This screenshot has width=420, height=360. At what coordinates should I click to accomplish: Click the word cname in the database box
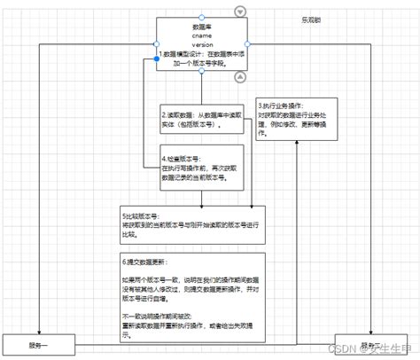point(201,35)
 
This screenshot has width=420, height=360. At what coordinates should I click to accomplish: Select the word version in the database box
point(201,43)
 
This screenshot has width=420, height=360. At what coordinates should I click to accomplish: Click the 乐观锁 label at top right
point(310,18)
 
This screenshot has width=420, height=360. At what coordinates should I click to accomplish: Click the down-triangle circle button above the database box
point(240,11)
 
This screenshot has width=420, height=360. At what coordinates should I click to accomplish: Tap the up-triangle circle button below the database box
point(240,78)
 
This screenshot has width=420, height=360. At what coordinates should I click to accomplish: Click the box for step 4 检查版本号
point(197,168)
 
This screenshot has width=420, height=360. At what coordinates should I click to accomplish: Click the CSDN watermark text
point(348,348)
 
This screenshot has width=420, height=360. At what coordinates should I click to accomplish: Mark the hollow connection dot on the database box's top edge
point(201,17)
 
